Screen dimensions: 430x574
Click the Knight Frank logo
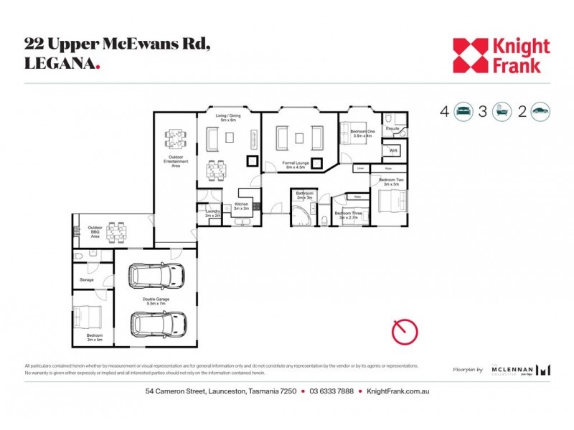click(x=501, y=56)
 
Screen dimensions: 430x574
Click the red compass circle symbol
click(x=405, y=331)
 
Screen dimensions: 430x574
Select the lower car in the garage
click(x=156, y=325)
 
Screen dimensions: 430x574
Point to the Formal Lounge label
click(x=296, y=166)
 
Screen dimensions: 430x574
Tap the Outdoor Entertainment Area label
click(x=176, y=161)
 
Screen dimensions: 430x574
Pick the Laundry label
click(x=212, y=213)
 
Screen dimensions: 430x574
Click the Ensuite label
click(x=392, y=129)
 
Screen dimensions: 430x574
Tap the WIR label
click(x=393, y=151)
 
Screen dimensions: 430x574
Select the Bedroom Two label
click(x=392, y=181)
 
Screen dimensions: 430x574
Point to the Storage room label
click(x=87, y=279)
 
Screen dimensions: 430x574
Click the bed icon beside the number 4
click(x=464, y=111)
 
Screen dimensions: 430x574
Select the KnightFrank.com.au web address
click(x=397, y=391)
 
